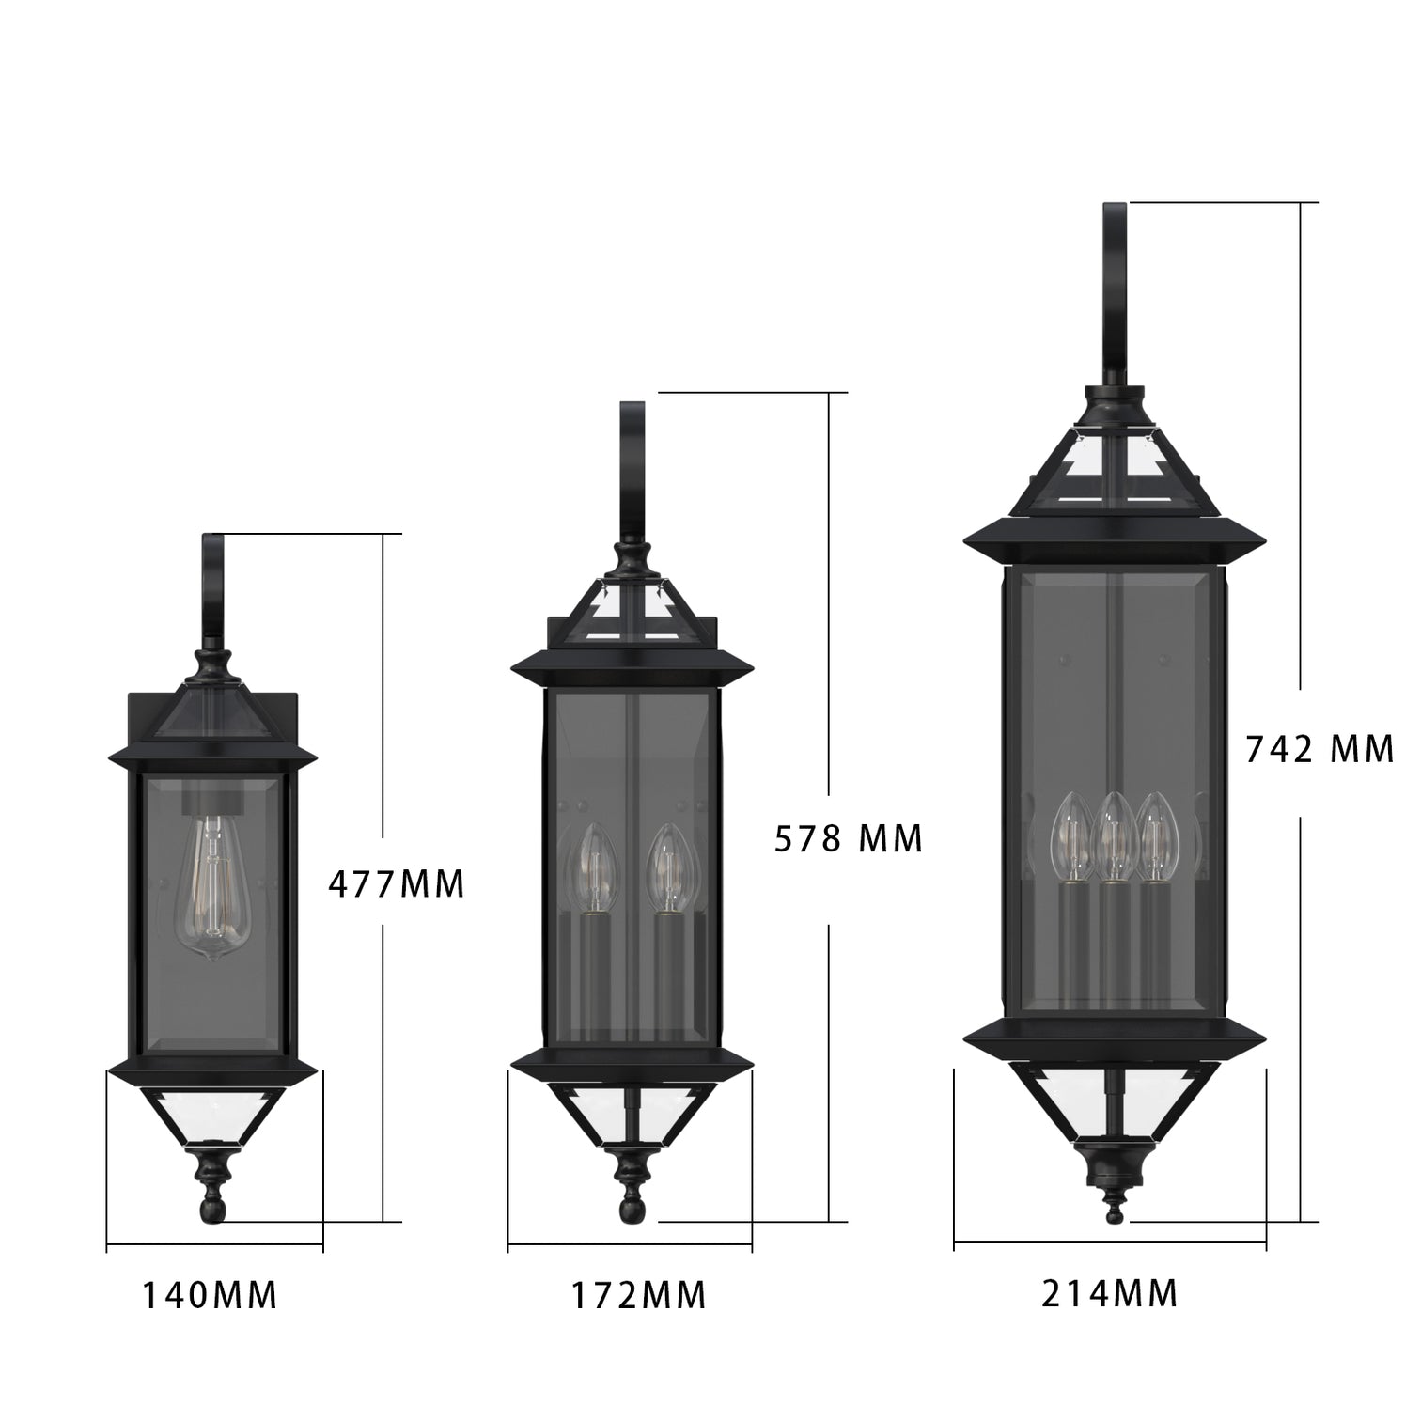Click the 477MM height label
(x=396, y=883)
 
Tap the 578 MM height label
(x=848, y=838)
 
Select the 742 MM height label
(x=1319, y=749)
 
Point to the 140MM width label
(x=210, y=1295)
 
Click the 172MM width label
(x=639, y=1296)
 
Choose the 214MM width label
(x=1109, y=1294)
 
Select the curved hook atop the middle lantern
(x=631, y=470)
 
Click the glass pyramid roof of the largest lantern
(x=1114, y=470)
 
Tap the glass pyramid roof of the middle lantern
(x=632, y=611)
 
